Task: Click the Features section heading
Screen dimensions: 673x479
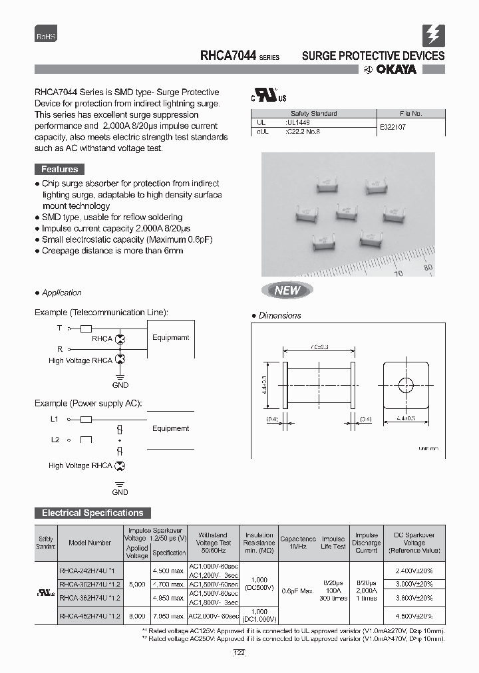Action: pos(59,170)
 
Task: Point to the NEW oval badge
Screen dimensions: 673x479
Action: pos(287,290)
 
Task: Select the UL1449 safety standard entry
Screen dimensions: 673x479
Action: pos(297,123)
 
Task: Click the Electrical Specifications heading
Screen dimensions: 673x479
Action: pos(92,513)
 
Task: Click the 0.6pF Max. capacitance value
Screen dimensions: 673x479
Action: pos(297,591)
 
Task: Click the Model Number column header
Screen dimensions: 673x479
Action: pos(90,543)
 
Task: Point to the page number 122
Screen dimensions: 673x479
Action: pos(239,654)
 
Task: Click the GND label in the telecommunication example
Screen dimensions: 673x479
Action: pos(120,385)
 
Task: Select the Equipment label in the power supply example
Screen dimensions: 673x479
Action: pos(170,429)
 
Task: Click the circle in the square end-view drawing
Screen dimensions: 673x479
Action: pos(405,384)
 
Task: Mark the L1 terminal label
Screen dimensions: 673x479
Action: pos(55,419)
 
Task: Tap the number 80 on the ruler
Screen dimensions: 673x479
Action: pos(428,268)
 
